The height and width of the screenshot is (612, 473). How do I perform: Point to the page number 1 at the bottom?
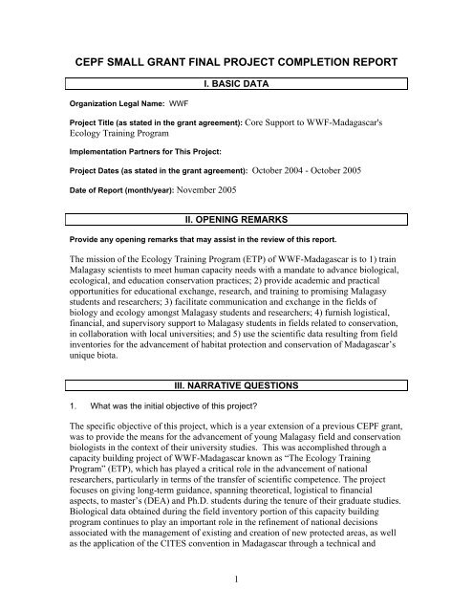click(x=237, y=584)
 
